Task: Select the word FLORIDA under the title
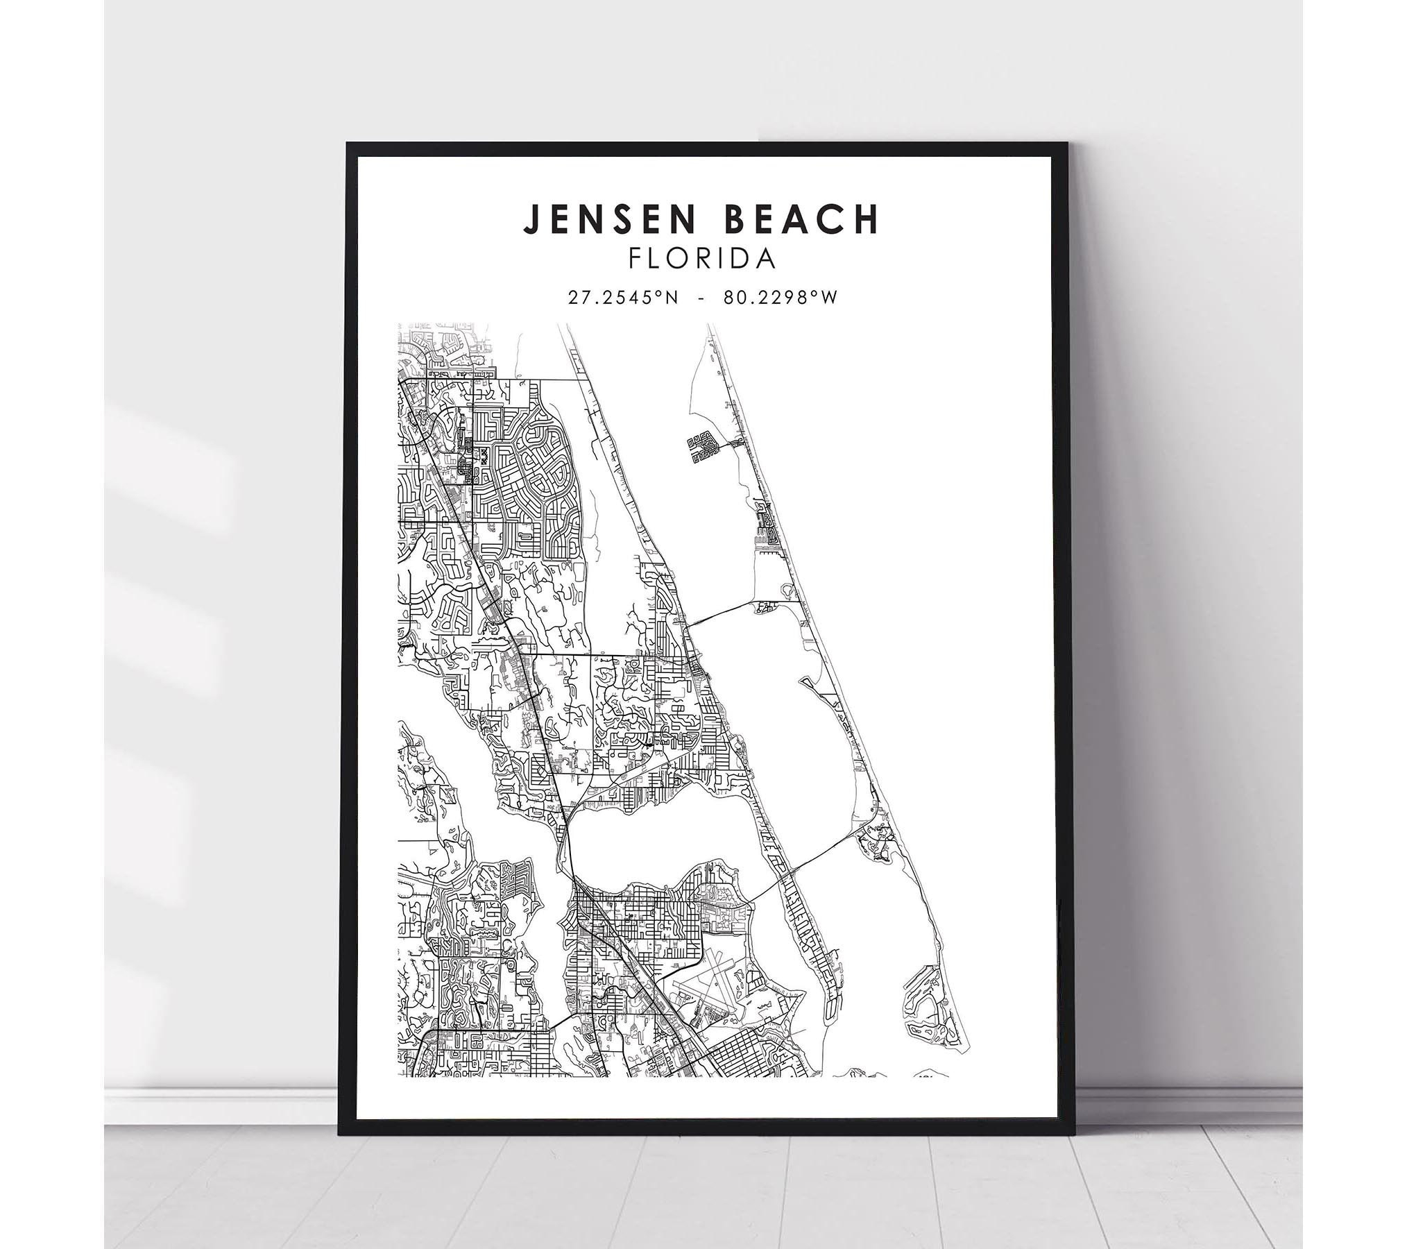(x=701, y=259)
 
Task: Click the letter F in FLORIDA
(x=634, y=259)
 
